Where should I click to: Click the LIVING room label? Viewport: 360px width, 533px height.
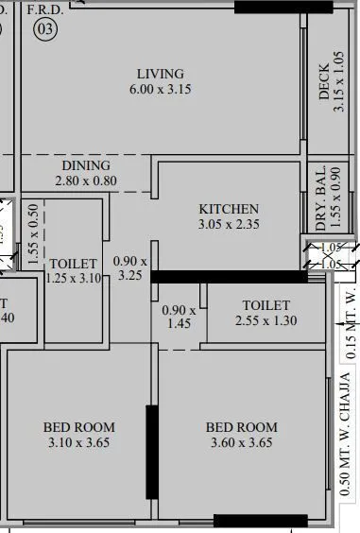pos(160,74)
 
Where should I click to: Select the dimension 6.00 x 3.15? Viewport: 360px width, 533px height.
pos(160,90)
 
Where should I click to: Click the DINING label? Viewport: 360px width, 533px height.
pos(86,165)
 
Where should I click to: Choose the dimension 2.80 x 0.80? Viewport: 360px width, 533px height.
pos(86,181)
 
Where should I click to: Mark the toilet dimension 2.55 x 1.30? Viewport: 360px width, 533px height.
pos(266,320)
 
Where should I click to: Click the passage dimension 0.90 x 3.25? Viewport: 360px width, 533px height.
pos(130,268)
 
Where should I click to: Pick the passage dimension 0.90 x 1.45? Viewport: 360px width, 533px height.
pos(179,317)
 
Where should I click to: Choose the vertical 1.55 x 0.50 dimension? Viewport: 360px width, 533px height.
pos(33,232)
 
